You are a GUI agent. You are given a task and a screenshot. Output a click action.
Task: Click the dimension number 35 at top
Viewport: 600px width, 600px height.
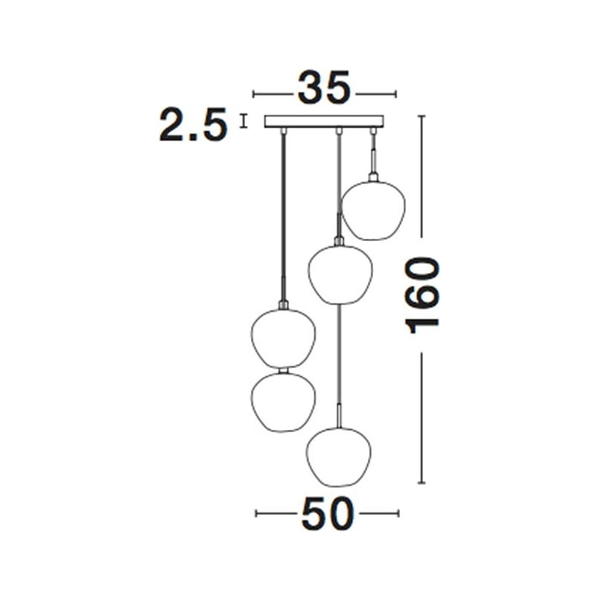pos(324,88)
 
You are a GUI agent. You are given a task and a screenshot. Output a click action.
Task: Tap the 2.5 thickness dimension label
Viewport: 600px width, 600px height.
pos(193,125)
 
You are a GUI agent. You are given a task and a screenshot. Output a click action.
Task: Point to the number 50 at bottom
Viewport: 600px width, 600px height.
pos(328,513)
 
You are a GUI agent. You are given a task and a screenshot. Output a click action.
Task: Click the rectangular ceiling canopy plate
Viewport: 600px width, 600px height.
pos(325,121)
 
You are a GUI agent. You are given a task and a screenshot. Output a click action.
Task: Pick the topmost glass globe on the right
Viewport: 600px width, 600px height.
pos(372,210)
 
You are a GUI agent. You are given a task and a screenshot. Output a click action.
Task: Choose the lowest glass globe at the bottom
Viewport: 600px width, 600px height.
pos(339,457)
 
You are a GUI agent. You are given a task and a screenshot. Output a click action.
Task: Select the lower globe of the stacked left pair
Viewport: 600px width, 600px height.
pos(283,402)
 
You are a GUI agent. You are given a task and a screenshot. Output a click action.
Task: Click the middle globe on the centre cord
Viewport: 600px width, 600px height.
pos(340,275)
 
